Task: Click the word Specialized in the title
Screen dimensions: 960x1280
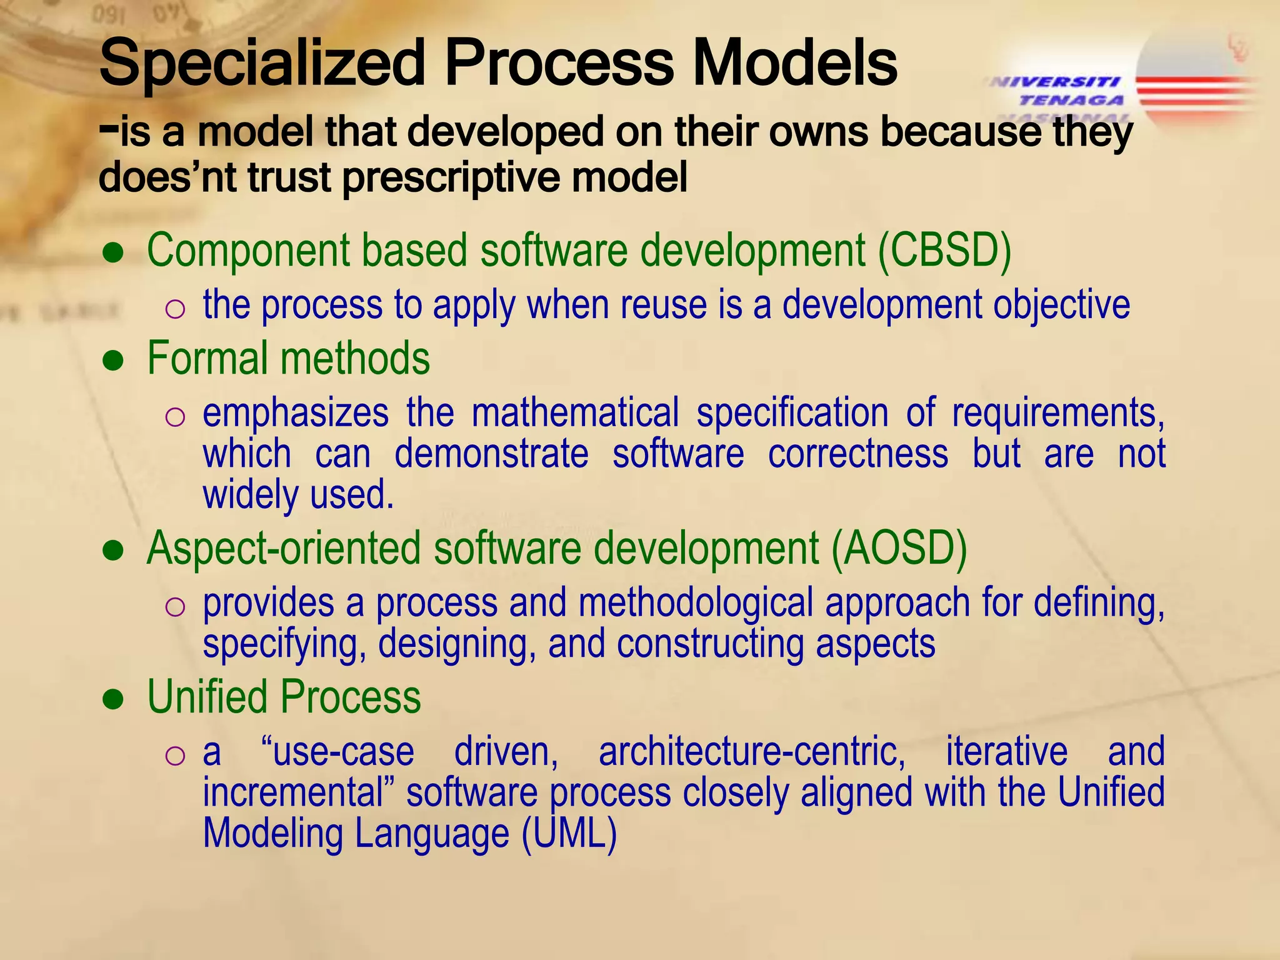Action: tap(262, 62)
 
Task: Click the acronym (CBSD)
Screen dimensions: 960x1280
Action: tap(944, 251)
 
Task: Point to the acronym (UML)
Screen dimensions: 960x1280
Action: tap(569, 834)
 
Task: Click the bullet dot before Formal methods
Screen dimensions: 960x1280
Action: tap(114, 361)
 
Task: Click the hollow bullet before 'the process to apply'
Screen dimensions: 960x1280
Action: tap(175, 309)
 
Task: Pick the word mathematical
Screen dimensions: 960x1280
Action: tap(575, 413)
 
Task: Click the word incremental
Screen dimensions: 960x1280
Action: tap(300, 793)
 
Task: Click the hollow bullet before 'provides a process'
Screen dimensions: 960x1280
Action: tap(175, 607)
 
